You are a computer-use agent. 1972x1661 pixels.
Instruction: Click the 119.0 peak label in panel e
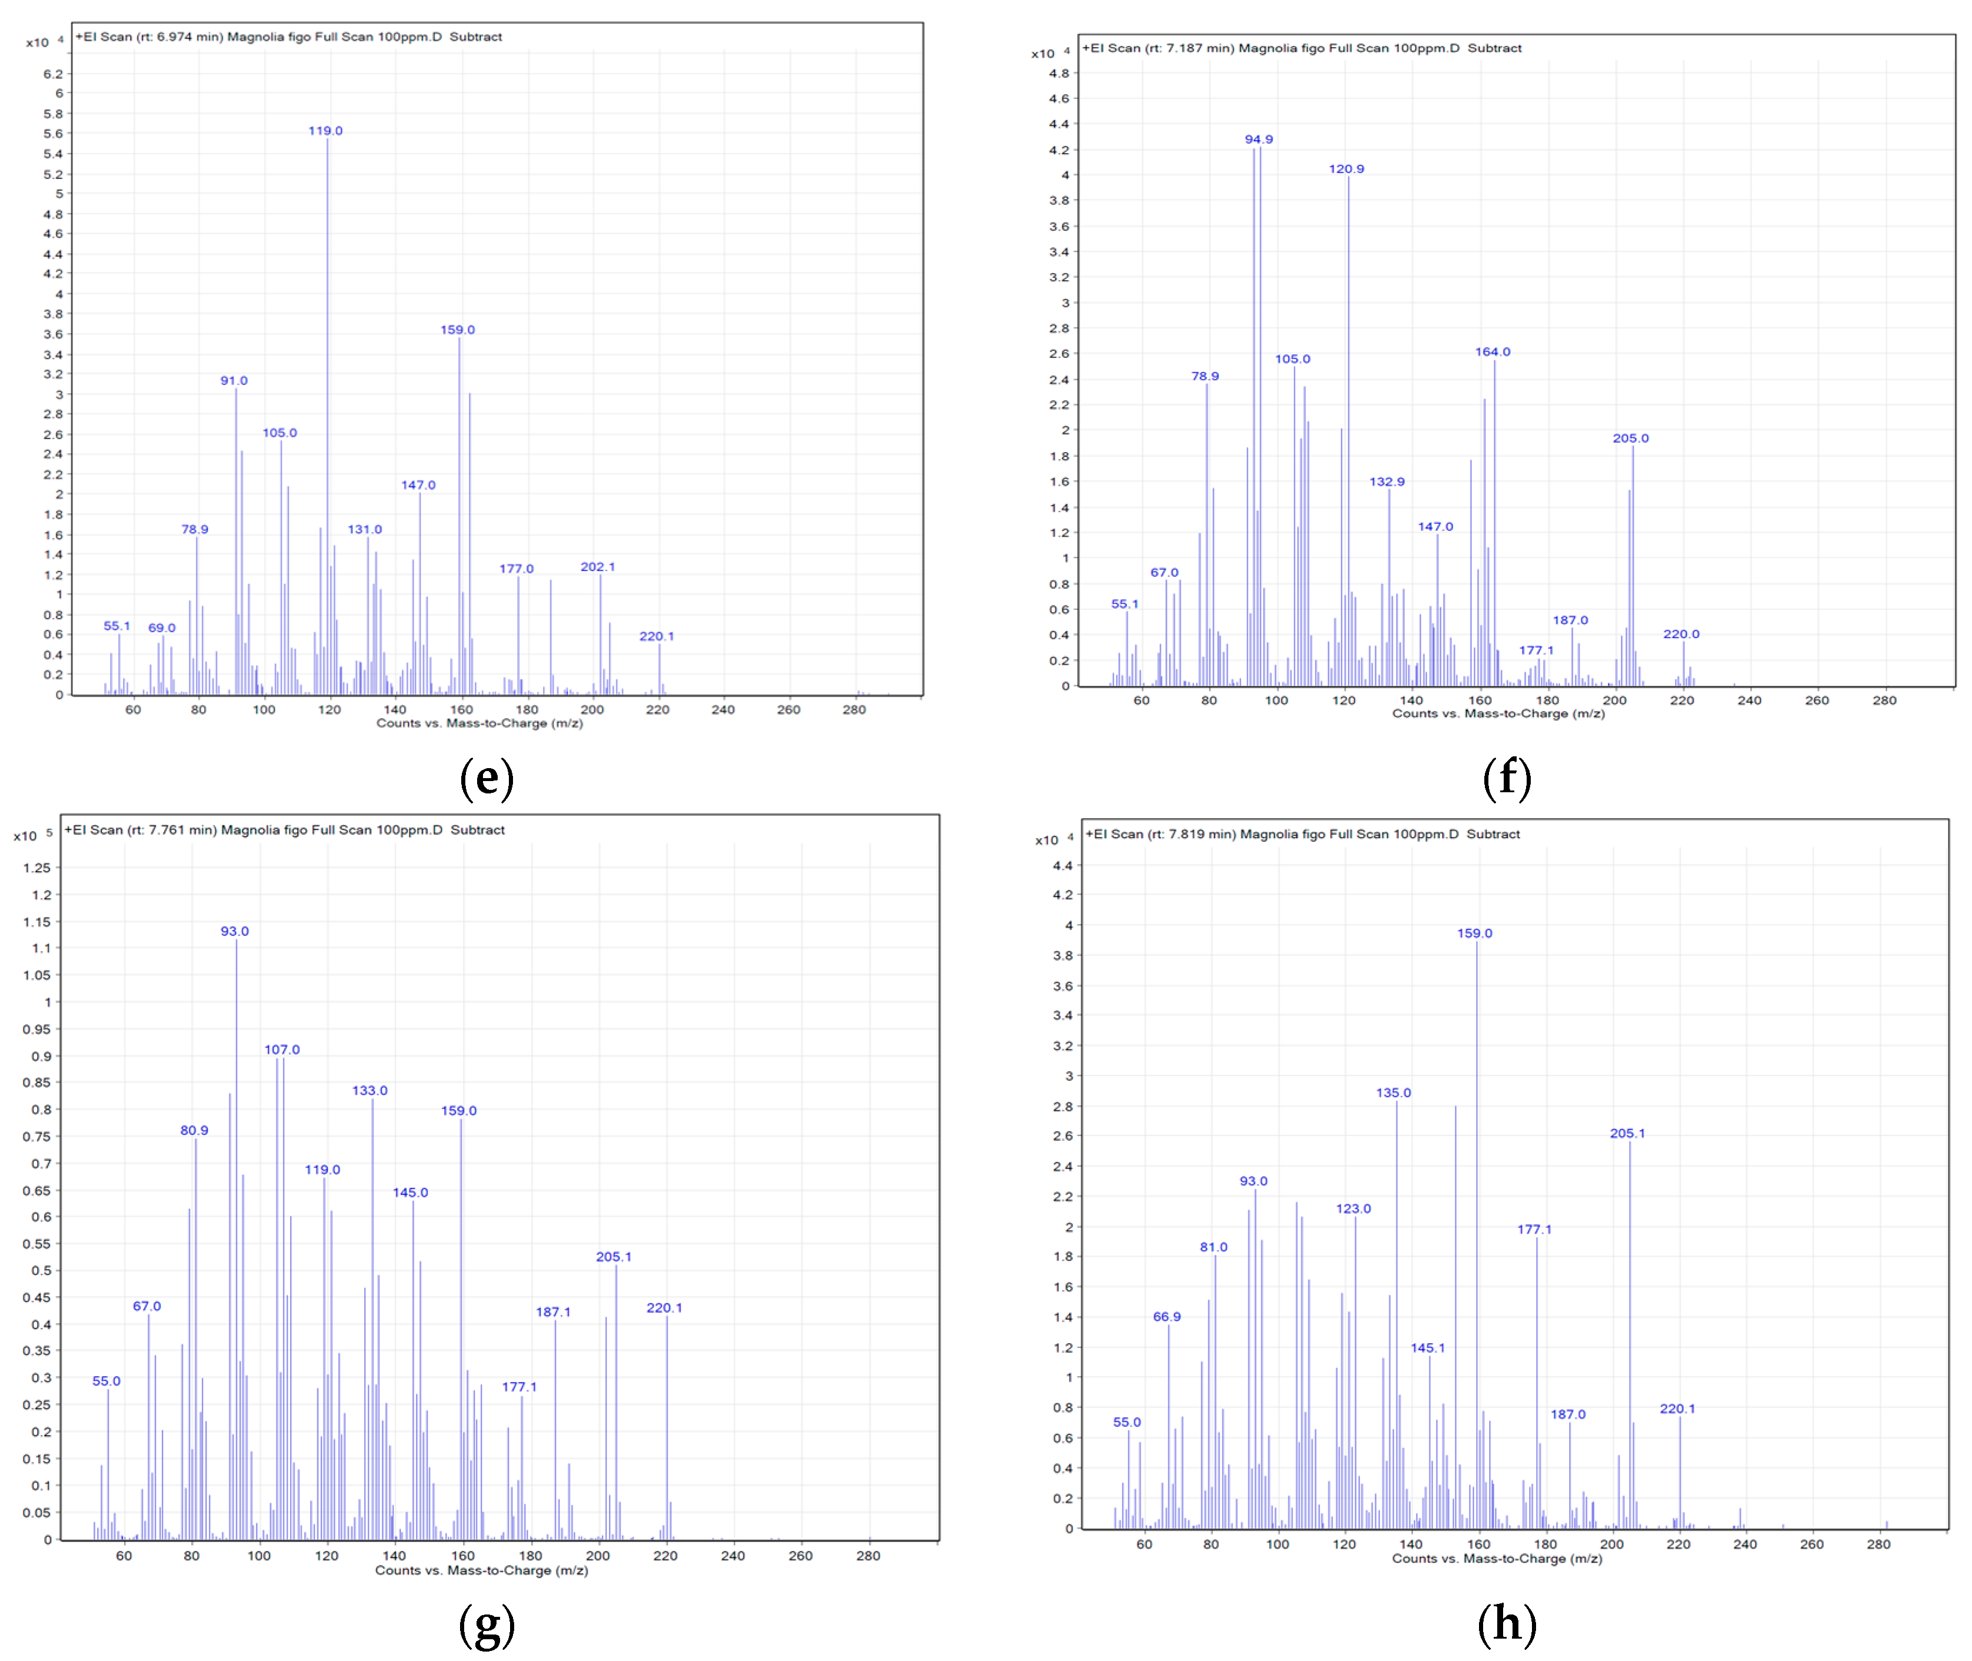click(326, 131)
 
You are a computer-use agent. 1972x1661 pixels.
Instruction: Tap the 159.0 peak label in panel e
click(458, 330)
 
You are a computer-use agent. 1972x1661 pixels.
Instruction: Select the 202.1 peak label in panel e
click(598, 567)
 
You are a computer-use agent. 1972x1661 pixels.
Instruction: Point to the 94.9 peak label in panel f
click(1258, 139)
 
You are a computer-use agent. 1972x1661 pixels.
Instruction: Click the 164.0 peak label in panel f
click(1492, 352)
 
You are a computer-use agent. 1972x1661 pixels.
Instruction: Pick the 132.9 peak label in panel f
click(1387, 482)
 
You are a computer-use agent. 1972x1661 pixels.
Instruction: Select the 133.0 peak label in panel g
click(370, 1091)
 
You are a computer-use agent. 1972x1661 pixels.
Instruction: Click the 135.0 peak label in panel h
click(1393, 1093)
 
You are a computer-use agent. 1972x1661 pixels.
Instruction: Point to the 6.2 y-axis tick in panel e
click(54, 74)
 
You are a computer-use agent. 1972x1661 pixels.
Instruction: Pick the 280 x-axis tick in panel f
click(1884, 700)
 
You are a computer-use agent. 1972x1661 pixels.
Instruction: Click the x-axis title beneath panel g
click(481, 1570)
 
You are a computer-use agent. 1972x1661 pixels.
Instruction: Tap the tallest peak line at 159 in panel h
click(1477, 1224)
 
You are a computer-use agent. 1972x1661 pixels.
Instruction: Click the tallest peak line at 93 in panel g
click(236, 1224)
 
